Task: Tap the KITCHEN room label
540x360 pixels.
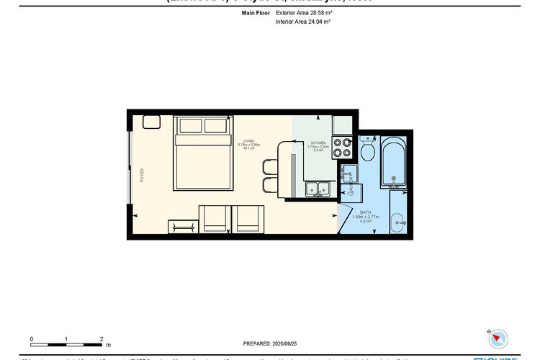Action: pos(318,146)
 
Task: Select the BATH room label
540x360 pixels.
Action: pos(365,216)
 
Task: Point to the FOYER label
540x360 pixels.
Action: pos(142,174)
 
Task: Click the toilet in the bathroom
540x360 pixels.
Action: pos(367,150)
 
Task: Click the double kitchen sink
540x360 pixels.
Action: pos(318,189)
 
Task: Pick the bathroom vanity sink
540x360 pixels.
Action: pos(398,222)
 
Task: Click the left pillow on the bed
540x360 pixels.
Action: pos(191,126)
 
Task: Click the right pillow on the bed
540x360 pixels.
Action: pos(215,126)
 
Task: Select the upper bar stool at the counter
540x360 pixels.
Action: pos(269,167)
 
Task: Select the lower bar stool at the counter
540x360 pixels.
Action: pos(269,185)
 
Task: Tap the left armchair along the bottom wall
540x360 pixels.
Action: pos(213,219)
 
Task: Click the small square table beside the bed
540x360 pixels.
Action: pos(151,122)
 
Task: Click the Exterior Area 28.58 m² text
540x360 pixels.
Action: pos(302,13)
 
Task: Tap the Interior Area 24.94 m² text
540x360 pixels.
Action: pos(302,22)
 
